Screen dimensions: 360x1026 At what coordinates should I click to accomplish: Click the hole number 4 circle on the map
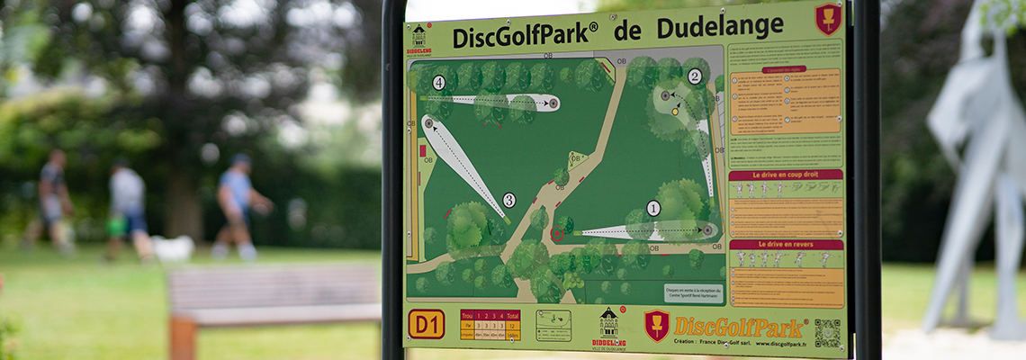click(438, 83)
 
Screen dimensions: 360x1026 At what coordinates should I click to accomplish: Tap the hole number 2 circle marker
click(694, 76)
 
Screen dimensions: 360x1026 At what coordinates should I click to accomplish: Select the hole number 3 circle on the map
click(508, 200)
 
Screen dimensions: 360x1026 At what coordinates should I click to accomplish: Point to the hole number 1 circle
click(653, 209)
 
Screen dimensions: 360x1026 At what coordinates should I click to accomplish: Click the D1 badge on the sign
click(426, 324)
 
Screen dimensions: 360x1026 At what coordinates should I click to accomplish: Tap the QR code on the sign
click(826, 333)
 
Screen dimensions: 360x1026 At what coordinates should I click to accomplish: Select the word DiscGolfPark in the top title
click(525, 36)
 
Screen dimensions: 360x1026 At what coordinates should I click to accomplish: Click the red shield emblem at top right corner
click(827, 19)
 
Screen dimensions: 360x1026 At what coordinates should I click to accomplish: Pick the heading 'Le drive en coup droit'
click(785, 175)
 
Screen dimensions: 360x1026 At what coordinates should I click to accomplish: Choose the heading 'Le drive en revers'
click(786, 245)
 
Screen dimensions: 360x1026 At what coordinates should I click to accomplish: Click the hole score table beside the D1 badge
click(490, 324)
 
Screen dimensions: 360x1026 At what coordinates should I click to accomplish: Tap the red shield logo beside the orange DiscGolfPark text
click(656, 325)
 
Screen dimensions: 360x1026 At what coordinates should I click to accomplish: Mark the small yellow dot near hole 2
click(674, 112)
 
